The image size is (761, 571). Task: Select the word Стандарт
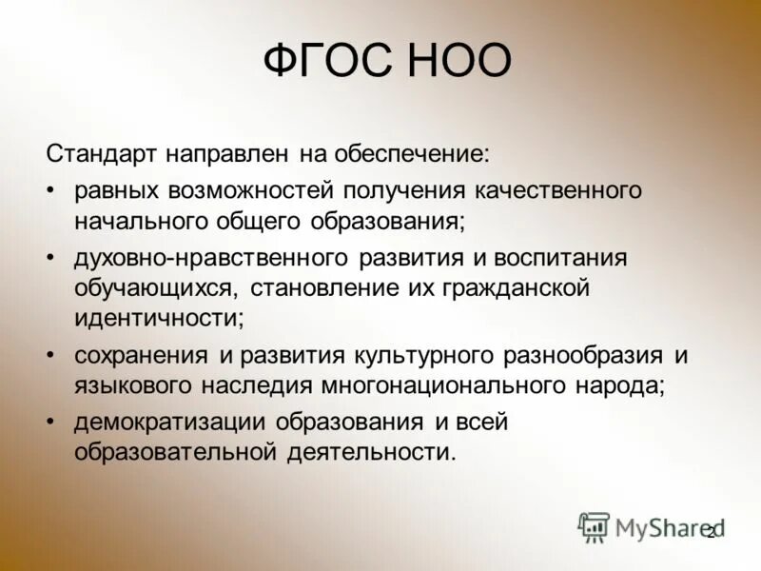coord(105,151)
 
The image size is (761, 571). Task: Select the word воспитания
coord(552,258)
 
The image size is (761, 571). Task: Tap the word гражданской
coord(516,286)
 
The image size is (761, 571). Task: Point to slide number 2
coord(710,533)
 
